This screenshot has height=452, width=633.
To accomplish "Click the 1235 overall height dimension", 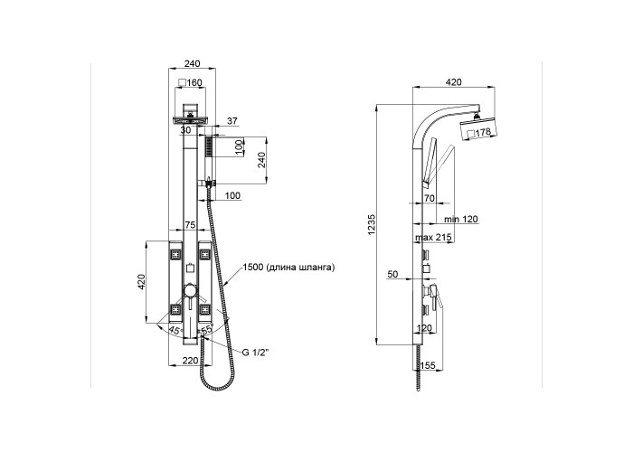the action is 372,225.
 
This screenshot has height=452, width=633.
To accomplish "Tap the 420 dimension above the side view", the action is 453,82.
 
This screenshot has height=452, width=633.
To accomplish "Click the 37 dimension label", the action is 232,120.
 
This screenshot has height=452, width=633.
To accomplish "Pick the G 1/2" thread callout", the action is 255,353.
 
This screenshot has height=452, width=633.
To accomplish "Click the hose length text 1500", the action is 252,268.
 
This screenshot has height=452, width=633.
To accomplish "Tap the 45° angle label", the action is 175,330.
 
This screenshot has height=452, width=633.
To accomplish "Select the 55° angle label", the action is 207,329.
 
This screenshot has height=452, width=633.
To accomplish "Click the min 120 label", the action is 461,219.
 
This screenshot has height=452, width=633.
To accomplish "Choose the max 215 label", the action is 433,237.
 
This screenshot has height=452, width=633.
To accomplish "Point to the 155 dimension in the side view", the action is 428,365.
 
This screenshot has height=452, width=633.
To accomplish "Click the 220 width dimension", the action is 190,361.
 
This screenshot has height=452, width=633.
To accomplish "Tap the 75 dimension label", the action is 190,225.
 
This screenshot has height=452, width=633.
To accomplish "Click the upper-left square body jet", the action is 176,254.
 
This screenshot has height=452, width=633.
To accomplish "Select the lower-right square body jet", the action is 204,309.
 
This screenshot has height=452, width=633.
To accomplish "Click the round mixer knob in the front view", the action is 190,291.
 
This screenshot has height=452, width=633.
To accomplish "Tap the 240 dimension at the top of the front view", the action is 192,63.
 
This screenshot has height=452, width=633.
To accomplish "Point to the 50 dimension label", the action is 392,275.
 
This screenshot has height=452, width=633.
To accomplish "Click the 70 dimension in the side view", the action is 430,198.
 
